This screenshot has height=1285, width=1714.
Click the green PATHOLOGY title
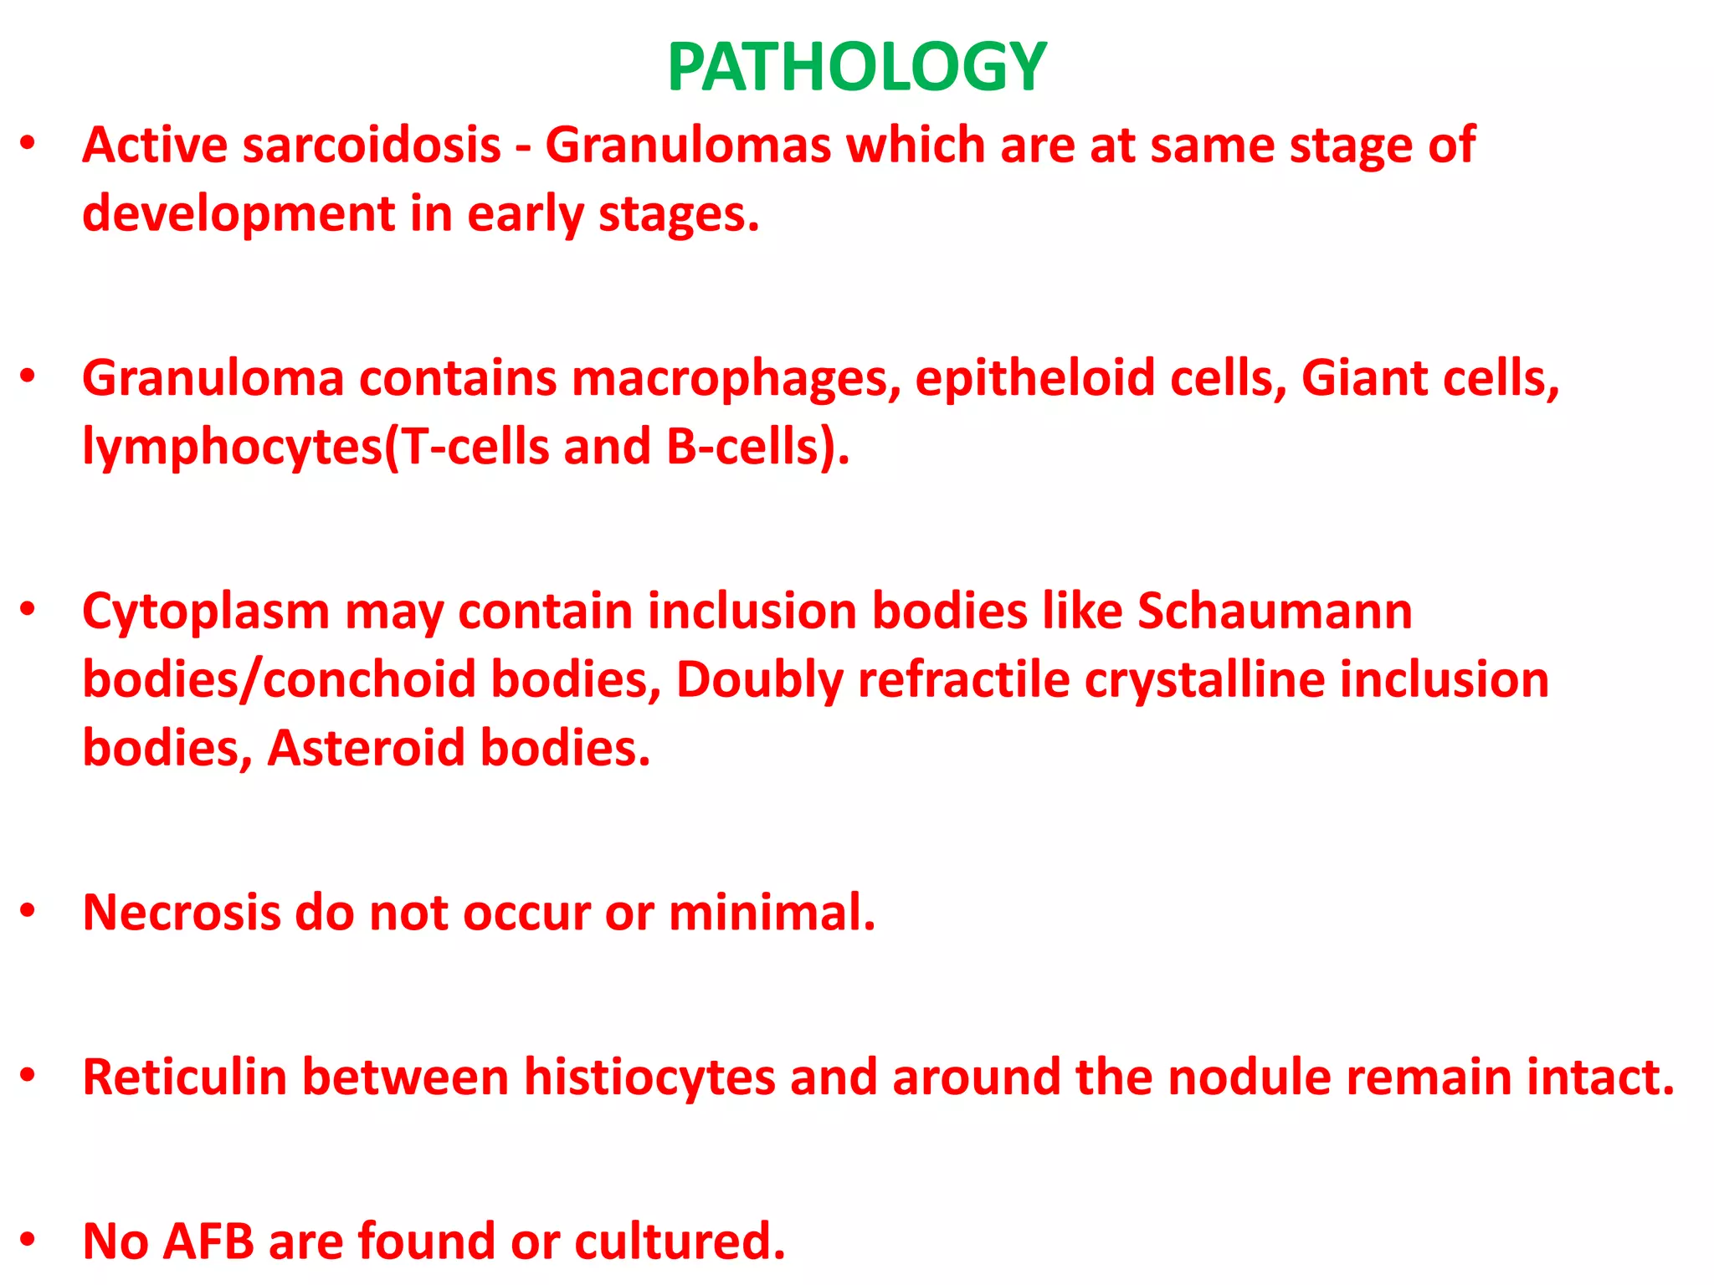click(856, 67)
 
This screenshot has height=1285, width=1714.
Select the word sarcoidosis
click(372, 146)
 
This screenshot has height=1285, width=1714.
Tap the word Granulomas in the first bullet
click(688, 146)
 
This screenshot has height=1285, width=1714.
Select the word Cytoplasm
click(206, 612)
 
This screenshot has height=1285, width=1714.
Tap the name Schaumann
click(1274, 612)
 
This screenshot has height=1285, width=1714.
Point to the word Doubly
click(759, 679)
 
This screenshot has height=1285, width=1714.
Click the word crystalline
click(1204, 679)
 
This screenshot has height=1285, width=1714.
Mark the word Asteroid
click(366, 747)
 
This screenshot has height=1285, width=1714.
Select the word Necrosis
click(182, 912)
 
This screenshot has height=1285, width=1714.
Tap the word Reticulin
click(185, 1077)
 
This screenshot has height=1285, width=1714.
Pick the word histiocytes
click(649, 1077)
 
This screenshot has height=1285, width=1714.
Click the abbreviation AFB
click(208, 1241)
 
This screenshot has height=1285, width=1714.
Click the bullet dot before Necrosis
click(28, 910)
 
